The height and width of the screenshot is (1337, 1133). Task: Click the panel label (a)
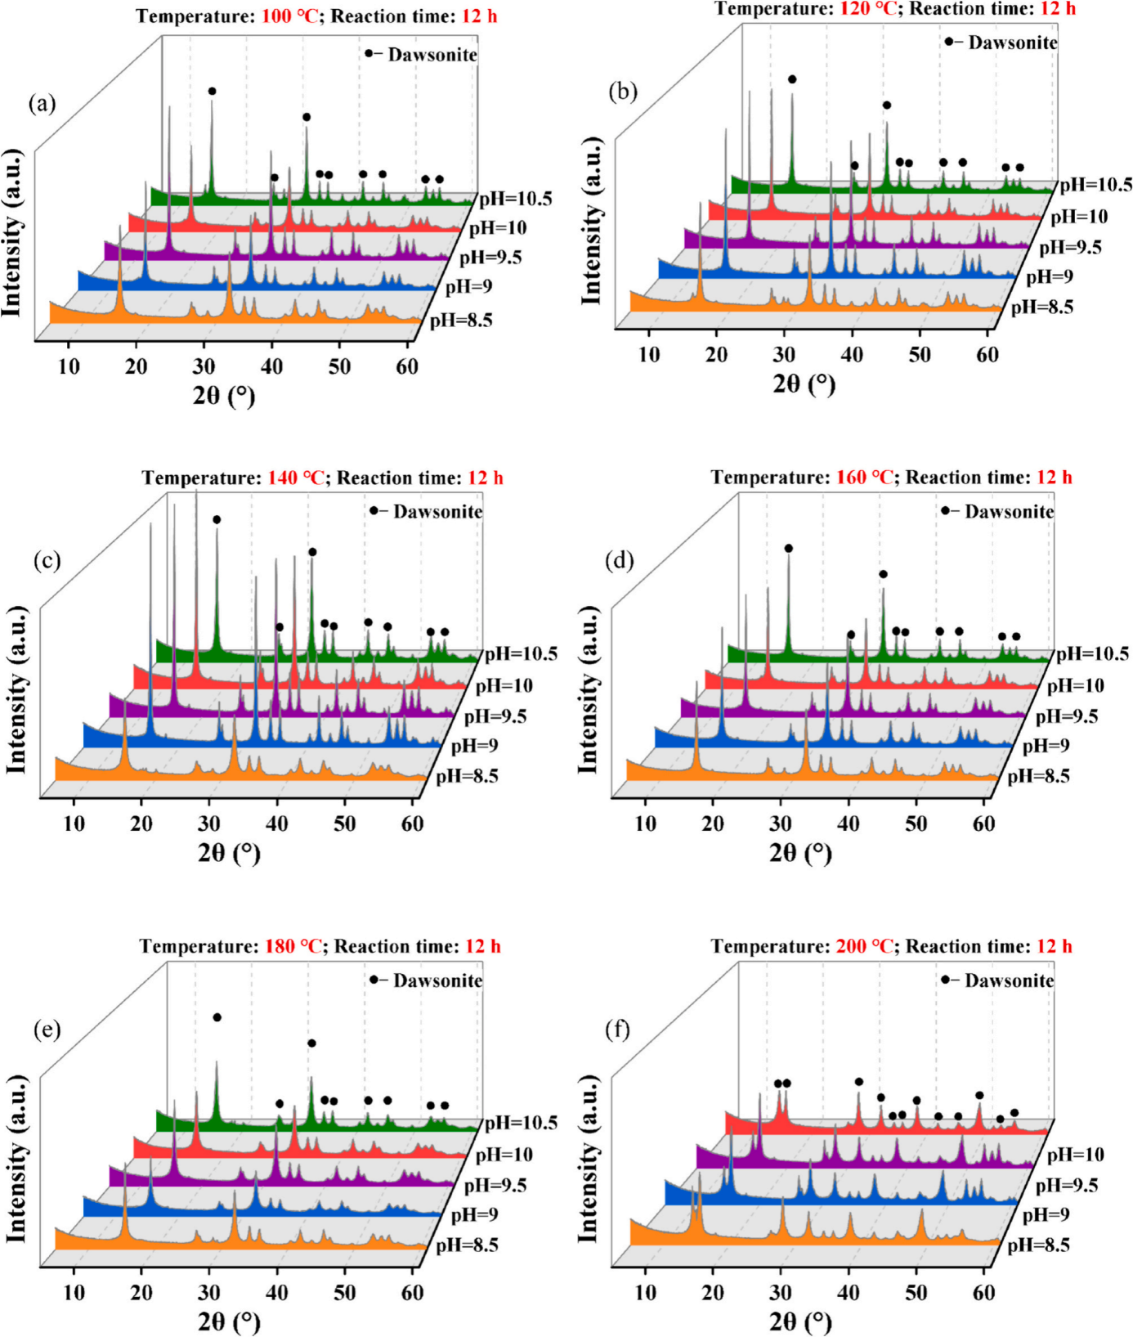(42, 104)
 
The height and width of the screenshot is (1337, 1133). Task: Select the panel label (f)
(617, 1030)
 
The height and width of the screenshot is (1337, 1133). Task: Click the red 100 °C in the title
(289, 16)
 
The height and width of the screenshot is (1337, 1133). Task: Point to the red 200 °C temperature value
(865, 946)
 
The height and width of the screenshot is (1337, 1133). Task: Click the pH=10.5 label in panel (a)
(516, 199)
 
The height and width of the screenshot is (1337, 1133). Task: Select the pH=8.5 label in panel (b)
(1042, 307)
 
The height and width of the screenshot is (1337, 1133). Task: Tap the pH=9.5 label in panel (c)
(495, 716)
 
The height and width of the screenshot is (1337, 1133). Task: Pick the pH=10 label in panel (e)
(504, 1155)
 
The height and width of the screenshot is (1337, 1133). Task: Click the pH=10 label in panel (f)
(1075, 1155)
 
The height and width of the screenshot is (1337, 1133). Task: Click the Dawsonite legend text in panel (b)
(1013, 43)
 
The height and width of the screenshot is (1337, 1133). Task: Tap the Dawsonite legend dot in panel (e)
(374, 980)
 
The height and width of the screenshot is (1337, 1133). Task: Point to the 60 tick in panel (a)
(407, 366)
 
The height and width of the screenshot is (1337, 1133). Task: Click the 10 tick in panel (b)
(649, 355)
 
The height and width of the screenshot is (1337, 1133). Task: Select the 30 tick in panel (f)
(781, 1293)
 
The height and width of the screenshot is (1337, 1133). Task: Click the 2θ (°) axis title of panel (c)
(229, 854)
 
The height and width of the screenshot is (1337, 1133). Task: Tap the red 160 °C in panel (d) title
(865, 478)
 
